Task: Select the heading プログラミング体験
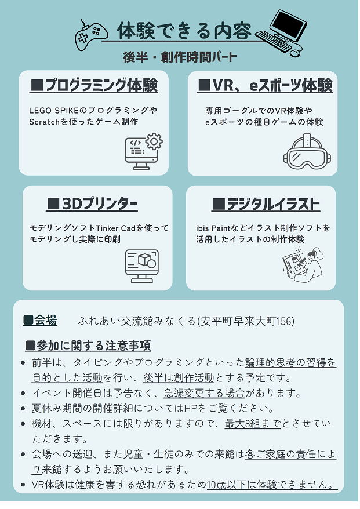click(x=94, y=85)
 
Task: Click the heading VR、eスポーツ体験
click(x=265, y=86)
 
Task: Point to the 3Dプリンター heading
click(x=92, y=204)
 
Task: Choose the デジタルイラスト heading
click(x=266, y=205)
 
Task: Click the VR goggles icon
click(x=307, y=151)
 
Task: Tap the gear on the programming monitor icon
click(x=154, y=141)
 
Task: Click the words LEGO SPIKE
click(x=53, y=111)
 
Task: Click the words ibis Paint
click(x=213, y=228)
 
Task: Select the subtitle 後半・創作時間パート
click(x=180, y=57)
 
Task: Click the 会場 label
click(x=45, y=321)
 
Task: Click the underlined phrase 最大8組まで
click(x=253, y=424)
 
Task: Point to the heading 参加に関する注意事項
click(x=93, y=346)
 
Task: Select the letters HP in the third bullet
click(x=190, y=408)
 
